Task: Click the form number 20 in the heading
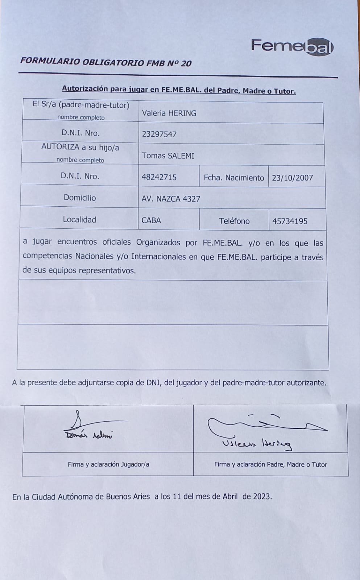coord(186,63)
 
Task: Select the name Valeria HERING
coord(169,113)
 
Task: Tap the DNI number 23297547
coord(159,134)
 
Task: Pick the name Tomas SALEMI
coord(168,156)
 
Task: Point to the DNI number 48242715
coord(159,177)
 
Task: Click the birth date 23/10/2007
coord(292,178)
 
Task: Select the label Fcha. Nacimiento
coord(234,178)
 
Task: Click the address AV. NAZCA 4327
coord(171,199)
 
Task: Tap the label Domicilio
coord(80,198)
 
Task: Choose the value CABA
coord(151,220)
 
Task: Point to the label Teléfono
coord(234,221)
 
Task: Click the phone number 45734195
coord(290,221)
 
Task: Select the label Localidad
coord(79,219)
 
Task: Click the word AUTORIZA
coord(60,147)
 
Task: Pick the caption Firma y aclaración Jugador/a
coord(108,464)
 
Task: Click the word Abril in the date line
coord(230,496)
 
